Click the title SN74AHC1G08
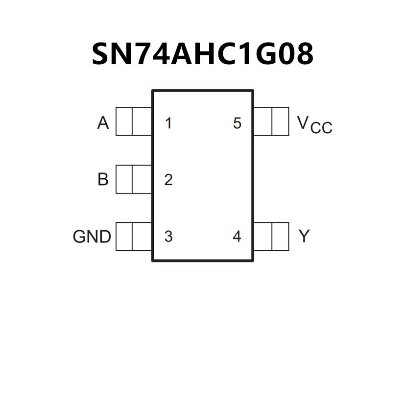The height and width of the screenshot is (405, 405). coord(202,53)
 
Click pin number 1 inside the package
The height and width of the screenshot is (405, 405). coord(168,123)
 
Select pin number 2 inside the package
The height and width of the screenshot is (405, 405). coord(168,180)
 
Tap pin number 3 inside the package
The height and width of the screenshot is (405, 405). coord(168,237)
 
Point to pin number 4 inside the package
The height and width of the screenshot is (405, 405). coord(237,237)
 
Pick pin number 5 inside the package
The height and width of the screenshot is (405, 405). coord(237,123)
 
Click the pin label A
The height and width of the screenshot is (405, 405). coord(103,123)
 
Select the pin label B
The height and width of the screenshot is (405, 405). coord(103,179)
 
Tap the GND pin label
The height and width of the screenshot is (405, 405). coord(92,237)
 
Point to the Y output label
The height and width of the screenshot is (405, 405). coord(304,237)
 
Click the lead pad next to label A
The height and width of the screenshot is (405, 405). coord(134,121)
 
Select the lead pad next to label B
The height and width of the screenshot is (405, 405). coord(134,179)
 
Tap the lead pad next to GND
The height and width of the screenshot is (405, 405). coord(134,237)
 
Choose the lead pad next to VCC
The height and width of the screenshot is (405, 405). coord(271,121)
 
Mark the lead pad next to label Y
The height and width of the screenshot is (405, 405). coord(271,237)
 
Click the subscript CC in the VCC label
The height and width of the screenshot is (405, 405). coord(321,128)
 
